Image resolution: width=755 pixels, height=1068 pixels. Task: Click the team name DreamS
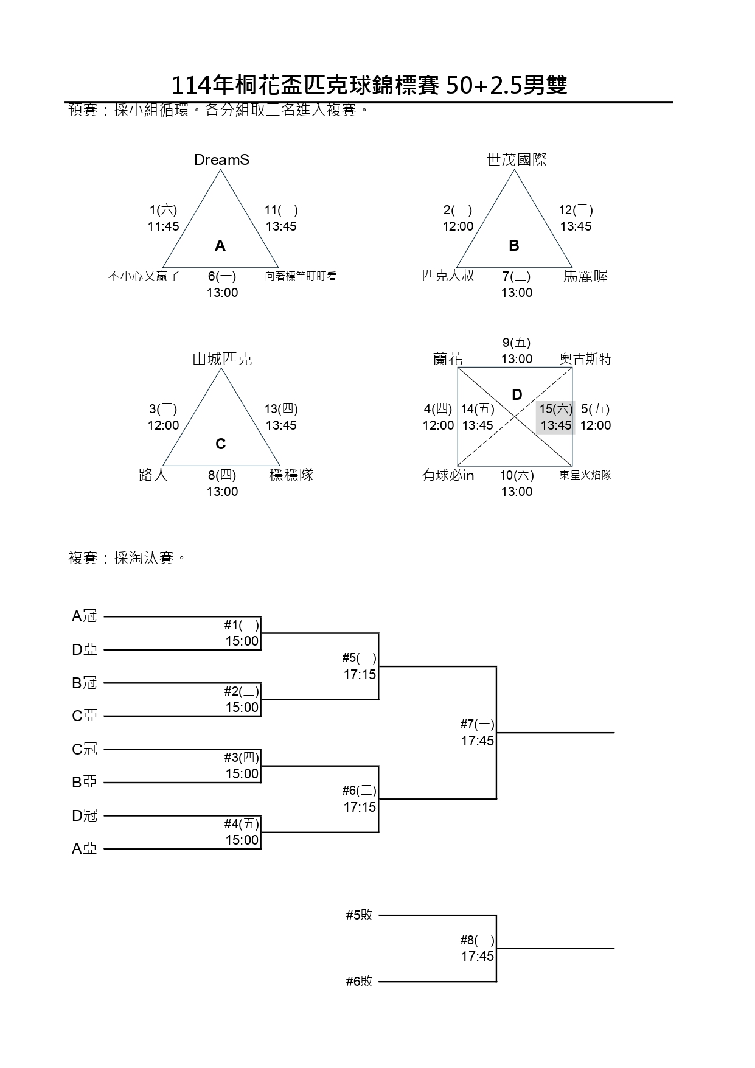(221, 160)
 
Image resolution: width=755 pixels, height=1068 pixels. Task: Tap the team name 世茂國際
(517, 160)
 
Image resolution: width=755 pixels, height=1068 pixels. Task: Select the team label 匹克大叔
(448, 276)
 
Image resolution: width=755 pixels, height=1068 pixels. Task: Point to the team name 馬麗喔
(585, 276)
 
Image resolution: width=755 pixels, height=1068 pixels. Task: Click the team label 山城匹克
(222, 359)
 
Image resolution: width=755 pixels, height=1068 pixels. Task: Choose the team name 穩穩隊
(291, 475)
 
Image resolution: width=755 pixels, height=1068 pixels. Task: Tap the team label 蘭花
(448, 359)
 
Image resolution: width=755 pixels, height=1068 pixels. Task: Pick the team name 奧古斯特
(585, 359)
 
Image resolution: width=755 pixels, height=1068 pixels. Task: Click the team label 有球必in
(448, 475)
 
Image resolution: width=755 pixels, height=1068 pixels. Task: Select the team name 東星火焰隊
(585, 475)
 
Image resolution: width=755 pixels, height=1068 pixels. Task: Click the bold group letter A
(220, 246)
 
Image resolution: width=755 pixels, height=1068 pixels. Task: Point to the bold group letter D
(517, 395)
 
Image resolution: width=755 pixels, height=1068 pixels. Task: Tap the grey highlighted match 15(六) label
(556, 410)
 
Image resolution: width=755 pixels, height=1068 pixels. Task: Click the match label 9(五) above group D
(517, 343)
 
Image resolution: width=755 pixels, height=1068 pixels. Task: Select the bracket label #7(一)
(478, 724)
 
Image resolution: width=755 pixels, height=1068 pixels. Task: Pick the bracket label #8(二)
(478, 940)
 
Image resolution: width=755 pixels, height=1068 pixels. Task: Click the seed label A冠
(85, 616)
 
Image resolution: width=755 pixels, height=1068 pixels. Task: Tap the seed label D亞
(85, 650)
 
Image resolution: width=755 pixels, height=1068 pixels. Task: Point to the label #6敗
(359, 981)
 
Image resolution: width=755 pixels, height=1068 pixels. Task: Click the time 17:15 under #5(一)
(360, 674)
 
